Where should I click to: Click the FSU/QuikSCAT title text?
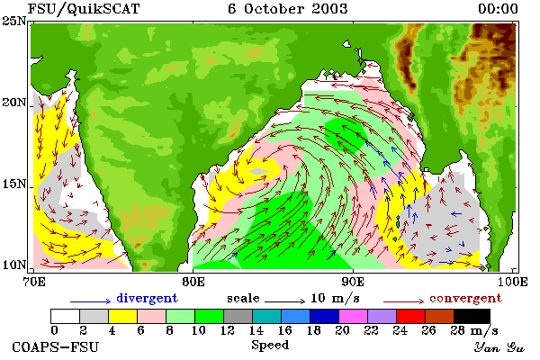pos(84,9)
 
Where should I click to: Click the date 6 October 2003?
pos(288,9)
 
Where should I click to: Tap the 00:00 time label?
pos(498,9)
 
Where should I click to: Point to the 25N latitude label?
pos(13,22)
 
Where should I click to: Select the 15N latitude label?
pos(13,184)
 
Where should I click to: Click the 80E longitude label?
pos(193,282)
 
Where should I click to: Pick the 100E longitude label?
pos(512,282)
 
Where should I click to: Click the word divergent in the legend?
pos(147,298)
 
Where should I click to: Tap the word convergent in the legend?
pos(465,298)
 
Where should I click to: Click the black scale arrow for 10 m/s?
pos(284,301)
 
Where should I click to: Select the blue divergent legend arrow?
pos(91,301)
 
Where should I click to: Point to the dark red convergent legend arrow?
pos(403,301)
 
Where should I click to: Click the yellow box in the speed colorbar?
pos(123,316)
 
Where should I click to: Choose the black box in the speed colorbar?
pos(472,316)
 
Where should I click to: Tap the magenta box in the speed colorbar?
pos(354,316)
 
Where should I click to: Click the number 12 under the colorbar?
pos(228,330)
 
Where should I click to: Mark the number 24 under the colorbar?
pos(400,330)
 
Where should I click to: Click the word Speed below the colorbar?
pos(270,346)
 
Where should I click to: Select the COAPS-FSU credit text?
pos(55,346)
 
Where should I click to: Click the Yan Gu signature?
pos(499,347)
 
